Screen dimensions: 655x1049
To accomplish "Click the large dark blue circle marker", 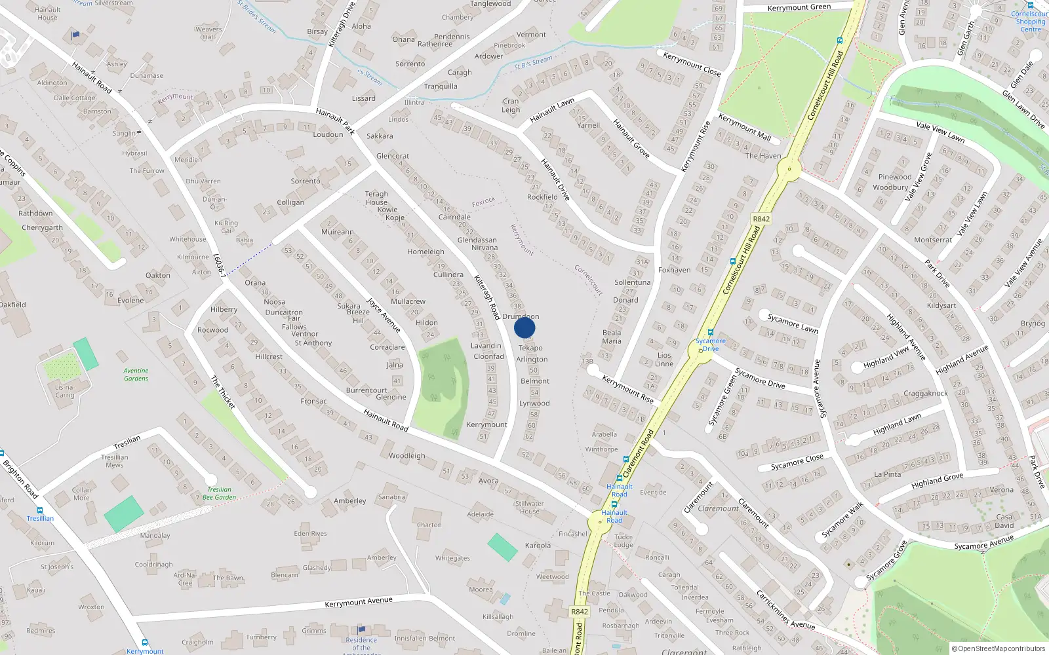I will click(524, 327).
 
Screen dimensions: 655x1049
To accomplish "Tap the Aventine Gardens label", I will click(136, 375).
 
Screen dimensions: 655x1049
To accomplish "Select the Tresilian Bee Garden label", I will click(219, 493).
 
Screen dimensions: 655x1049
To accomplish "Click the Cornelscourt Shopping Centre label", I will click(1030, 22).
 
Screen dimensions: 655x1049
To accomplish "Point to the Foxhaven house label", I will click(674, 270).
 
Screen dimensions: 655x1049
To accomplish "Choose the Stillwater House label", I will click(529, 508).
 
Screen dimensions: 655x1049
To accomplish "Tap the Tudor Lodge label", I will click(623, 541).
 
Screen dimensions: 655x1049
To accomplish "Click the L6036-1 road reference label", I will click(220, 265).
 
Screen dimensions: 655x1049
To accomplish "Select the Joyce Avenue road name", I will click(384, 314).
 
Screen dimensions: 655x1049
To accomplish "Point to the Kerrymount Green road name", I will click(799, 7).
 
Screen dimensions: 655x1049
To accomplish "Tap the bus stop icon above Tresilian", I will click(40, 510).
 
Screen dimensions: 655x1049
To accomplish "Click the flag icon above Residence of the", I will click(361, 630).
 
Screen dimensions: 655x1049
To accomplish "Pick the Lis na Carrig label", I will click(64, 391).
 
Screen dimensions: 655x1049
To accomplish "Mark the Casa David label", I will click(1004, 521).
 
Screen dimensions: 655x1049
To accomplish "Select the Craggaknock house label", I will click(925, 394).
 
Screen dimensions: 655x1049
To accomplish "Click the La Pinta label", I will click(887, 474).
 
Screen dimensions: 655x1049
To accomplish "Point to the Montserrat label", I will click(933, 240).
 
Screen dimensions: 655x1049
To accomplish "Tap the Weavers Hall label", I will click(208, 33).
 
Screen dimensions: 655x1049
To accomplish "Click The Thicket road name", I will click(223, 392).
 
